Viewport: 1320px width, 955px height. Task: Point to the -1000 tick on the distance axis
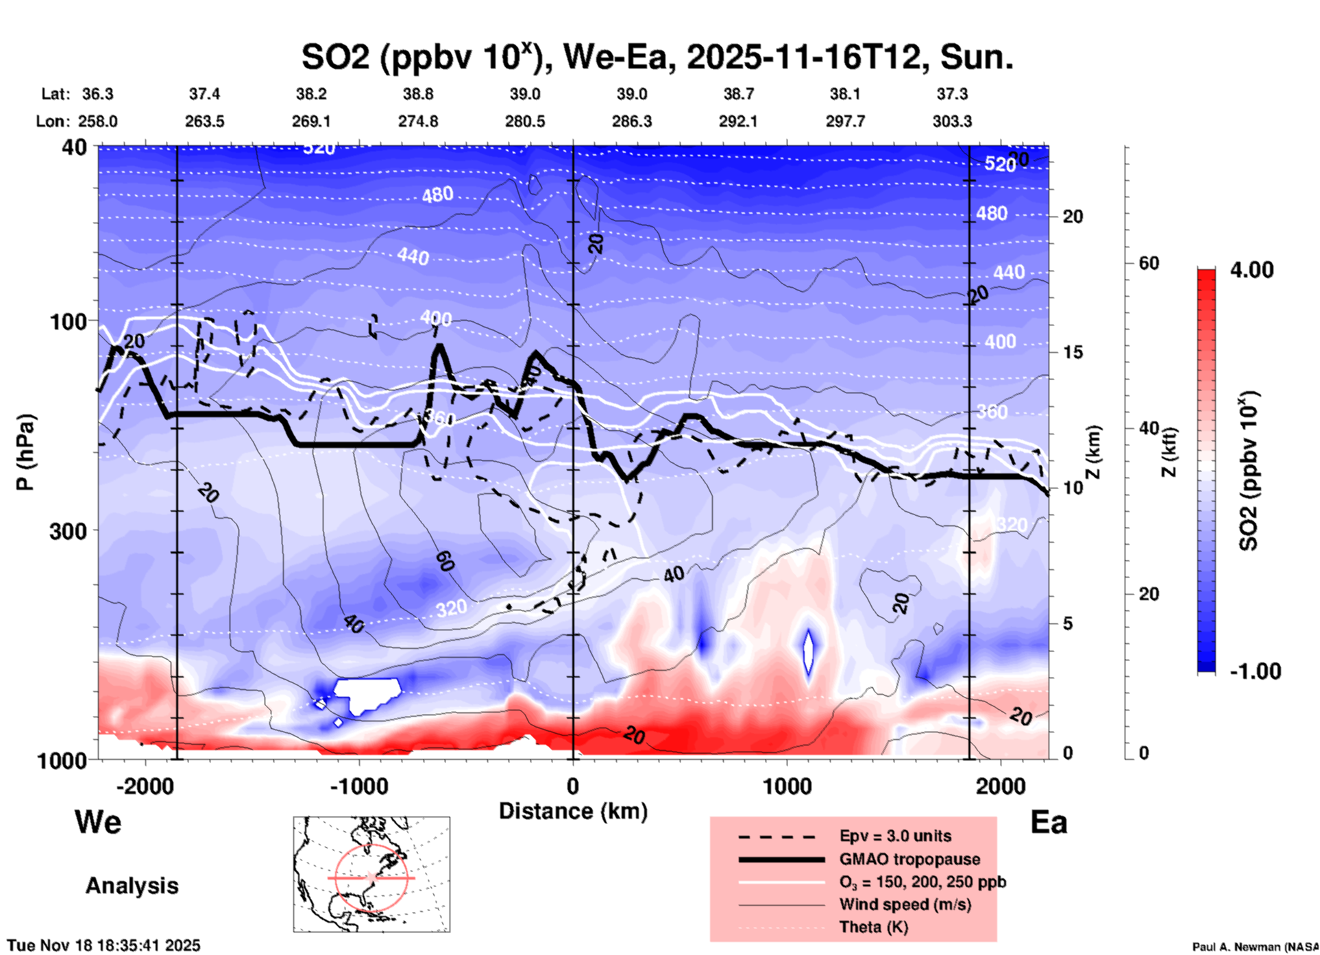click(x=359, y=786)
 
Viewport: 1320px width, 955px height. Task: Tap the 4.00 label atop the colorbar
click(x=1251, y=270)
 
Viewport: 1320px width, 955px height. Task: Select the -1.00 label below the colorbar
click(x=1255, y=671)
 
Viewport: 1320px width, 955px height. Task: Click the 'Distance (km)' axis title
click(x=573, y=811)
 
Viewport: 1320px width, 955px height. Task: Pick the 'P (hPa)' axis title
click(x=25, y=452)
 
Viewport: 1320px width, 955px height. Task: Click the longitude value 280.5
click(x=525, y=121)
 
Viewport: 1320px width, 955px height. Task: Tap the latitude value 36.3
click(x=97, y=94)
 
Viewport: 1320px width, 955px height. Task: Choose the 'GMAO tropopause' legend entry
click(x=909, y=859)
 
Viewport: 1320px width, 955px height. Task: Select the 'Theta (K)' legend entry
click(x=873, y=927)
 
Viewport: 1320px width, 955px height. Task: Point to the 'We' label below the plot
click(x=98, y=821)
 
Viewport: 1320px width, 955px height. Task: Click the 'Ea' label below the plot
click(x=1049, y=822)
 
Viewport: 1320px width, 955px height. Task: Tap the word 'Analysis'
click(x=132, y=886)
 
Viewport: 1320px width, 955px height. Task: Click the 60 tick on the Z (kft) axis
click(x=1149, y=263)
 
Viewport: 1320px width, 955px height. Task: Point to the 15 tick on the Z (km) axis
click(x=1073, y=352)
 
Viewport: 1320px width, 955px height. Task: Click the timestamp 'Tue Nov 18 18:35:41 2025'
click(x=104, y=945)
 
